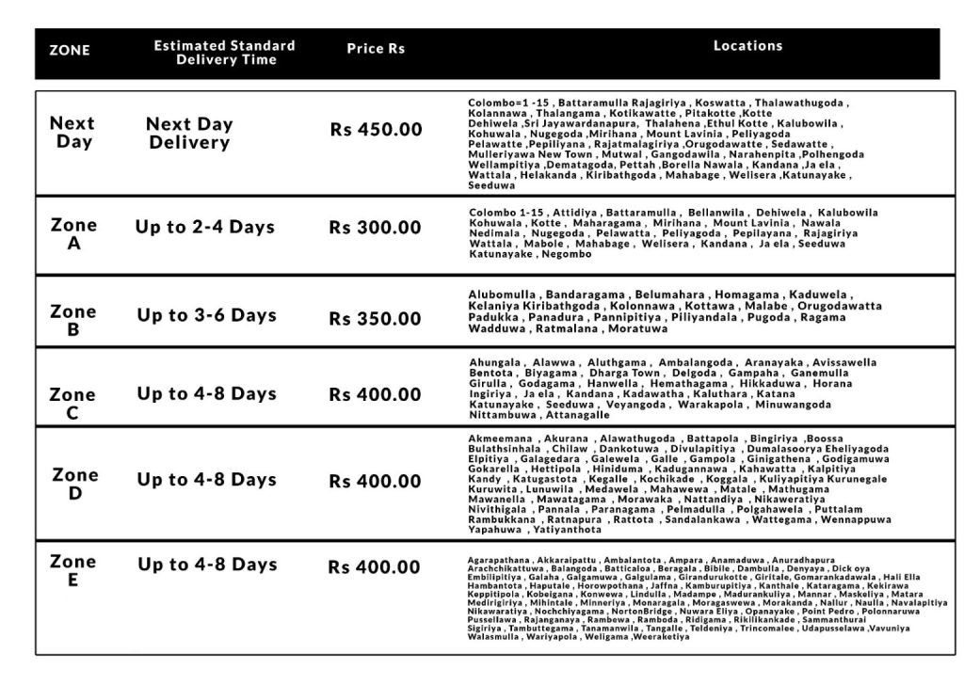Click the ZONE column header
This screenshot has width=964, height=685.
(70, 51)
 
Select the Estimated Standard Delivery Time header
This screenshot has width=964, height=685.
(225, 53)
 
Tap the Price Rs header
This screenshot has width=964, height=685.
(376, 49)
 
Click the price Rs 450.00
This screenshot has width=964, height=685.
(376, 130)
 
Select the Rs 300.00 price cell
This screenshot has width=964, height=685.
(375, 228)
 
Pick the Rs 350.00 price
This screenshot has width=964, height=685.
(375, 318)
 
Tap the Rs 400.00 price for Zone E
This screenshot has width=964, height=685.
(375, 567)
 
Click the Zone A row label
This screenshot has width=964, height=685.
(73, 234)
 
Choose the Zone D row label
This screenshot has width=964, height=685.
(74, 484)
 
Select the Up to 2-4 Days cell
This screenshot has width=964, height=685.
(205, 227)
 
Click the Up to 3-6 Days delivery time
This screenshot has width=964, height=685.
(207, 315)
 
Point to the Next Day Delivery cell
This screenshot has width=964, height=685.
(190, 134)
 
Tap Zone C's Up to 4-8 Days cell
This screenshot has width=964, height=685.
(207, 393)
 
